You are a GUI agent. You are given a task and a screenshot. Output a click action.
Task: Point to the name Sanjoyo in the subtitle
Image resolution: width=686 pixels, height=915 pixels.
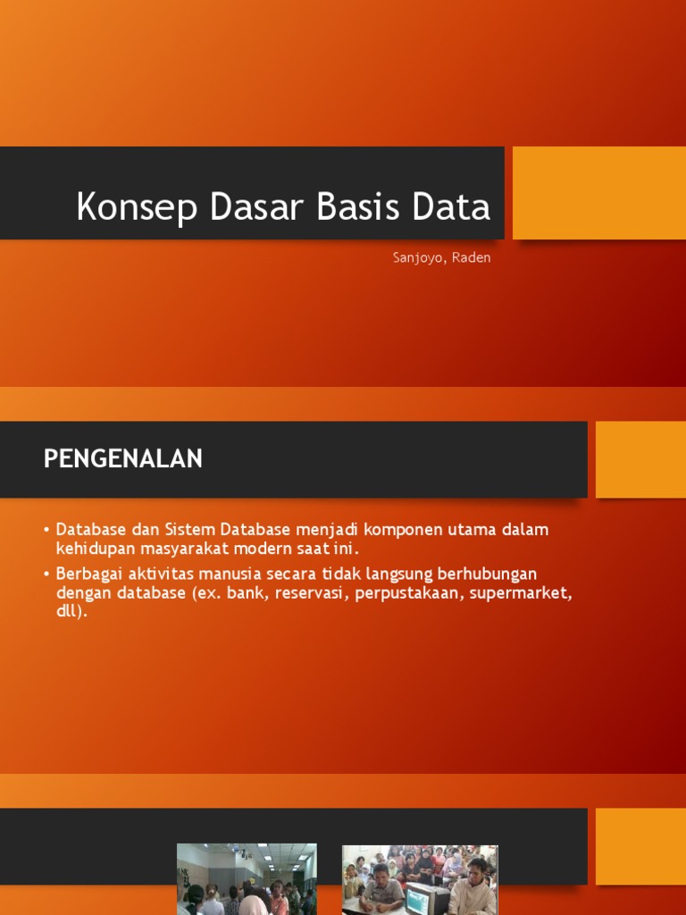tap(421, 258)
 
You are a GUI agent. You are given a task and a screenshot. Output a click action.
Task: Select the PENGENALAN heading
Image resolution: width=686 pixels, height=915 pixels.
tap(123, 459)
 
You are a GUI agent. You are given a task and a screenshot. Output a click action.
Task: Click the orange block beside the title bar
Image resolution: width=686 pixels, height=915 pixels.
tap(598, 193)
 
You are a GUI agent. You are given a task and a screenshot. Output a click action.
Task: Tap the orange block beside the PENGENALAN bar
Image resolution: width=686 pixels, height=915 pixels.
tap(640, 459)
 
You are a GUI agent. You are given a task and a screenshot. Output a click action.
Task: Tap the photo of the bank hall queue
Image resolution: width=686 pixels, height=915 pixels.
tap(247, 879)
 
